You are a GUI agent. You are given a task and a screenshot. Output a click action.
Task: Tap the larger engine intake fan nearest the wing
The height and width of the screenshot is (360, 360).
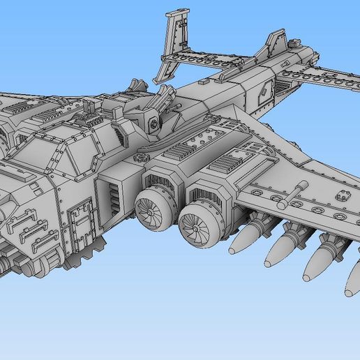point(195,225)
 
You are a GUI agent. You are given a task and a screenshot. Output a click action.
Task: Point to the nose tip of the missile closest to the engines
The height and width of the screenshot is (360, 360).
point(233,248)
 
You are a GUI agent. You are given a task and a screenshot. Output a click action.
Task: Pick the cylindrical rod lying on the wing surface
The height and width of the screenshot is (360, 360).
point(292,195)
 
